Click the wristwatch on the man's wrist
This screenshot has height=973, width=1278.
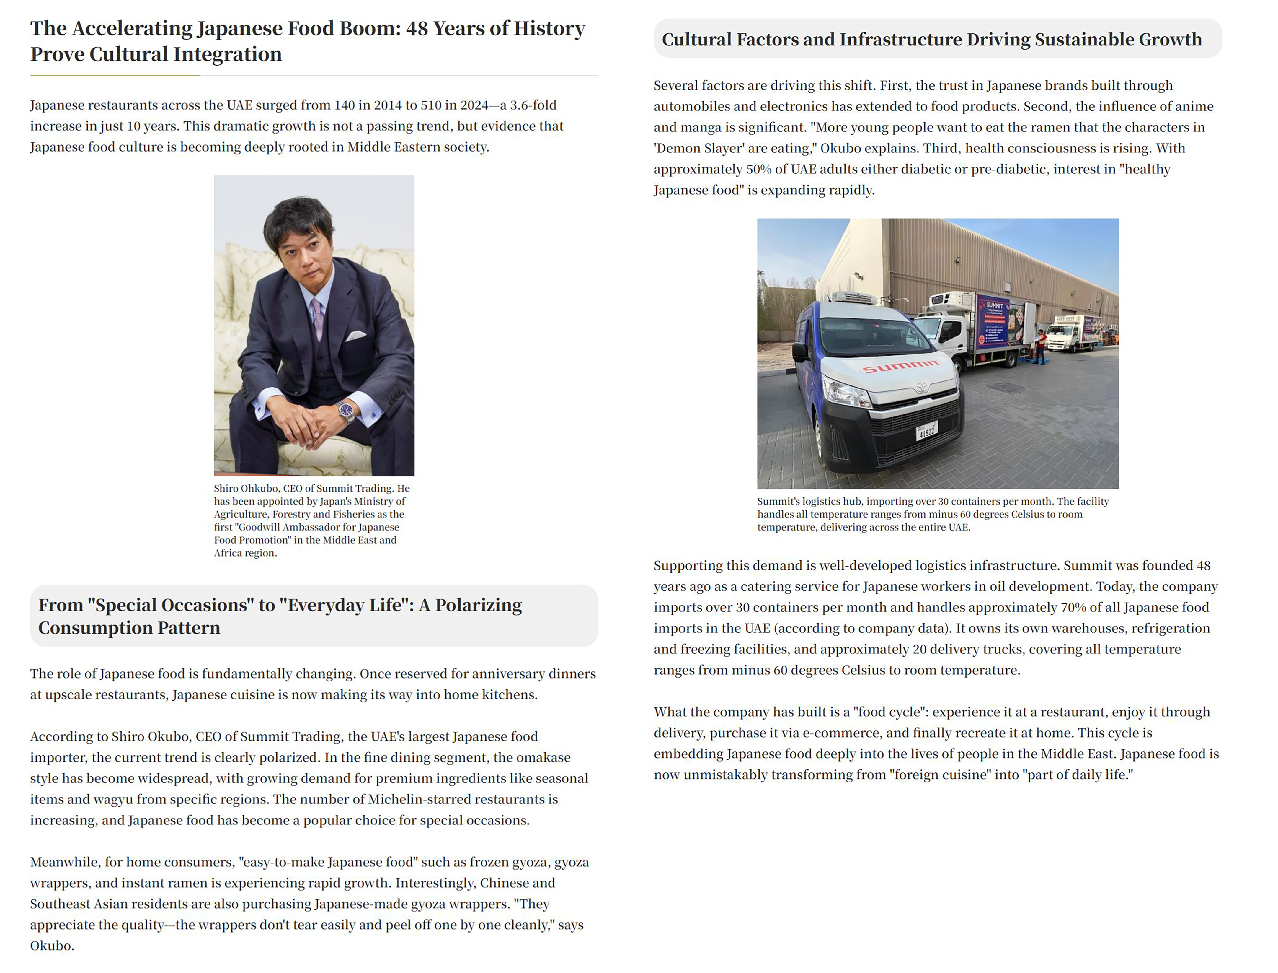pyautogui.click(x=346, y=411)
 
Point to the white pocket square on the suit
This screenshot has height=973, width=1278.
pyautogui.click(x=355, y=335)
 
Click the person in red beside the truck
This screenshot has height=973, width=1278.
pyautogui.click(x=1041, y=346)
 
